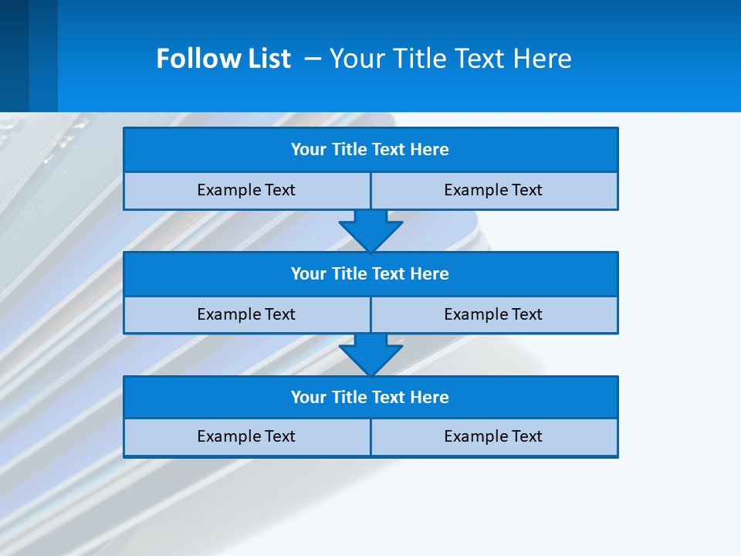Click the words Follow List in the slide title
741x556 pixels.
coord(223,59)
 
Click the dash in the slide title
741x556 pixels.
coord(313,59)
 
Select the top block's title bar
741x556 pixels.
coord(370,150)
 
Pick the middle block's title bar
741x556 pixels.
coord(370,274)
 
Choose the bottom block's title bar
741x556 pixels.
coord(370,398)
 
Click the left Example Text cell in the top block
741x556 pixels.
coord(246,191)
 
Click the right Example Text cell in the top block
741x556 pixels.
coord(494,191)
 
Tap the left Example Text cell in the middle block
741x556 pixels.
coord(246,315)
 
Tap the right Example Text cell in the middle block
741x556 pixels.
coord(494,315)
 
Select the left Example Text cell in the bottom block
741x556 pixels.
coord(246,437)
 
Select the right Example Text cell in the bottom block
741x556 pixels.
coord(494,437)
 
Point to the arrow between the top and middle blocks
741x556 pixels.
coord(370,230)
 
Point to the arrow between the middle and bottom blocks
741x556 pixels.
coord(370,354)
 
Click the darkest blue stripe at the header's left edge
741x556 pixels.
coord(14,56)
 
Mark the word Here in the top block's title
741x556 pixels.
coord(430,150)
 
